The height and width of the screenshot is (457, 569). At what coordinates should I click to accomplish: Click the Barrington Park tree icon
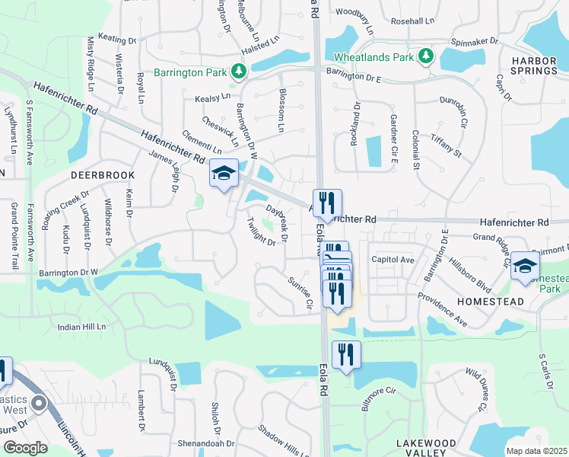click(239, 72)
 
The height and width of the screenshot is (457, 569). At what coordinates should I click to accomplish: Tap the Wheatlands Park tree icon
click(427, 56)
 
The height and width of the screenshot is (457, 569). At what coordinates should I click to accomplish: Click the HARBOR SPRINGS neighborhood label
click(534, 66)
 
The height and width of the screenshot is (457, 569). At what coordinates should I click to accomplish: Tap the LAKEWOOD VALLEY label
click(426, 448)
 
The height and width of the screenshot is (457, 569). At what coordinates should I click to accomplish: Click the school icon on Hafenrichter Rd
click(224, 174)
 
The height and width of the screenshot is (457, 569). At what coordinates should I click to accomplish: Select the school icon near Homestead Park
click(524, 266)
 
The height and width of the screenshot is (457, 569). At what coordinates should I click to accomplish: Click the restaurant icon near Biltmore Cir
click(346, 354)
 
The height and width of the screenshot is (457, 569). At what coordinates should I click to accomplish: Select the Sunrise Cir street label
click(300, 292)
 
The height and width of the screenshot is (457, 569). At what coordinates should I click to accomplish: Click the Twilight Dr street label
click(260, 232)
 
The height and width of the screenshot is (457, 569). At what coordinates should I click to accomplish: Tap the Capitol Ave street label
click(393, 260)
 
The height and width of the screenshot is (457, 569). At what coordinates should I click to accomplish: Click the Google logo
click(25, 448)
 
